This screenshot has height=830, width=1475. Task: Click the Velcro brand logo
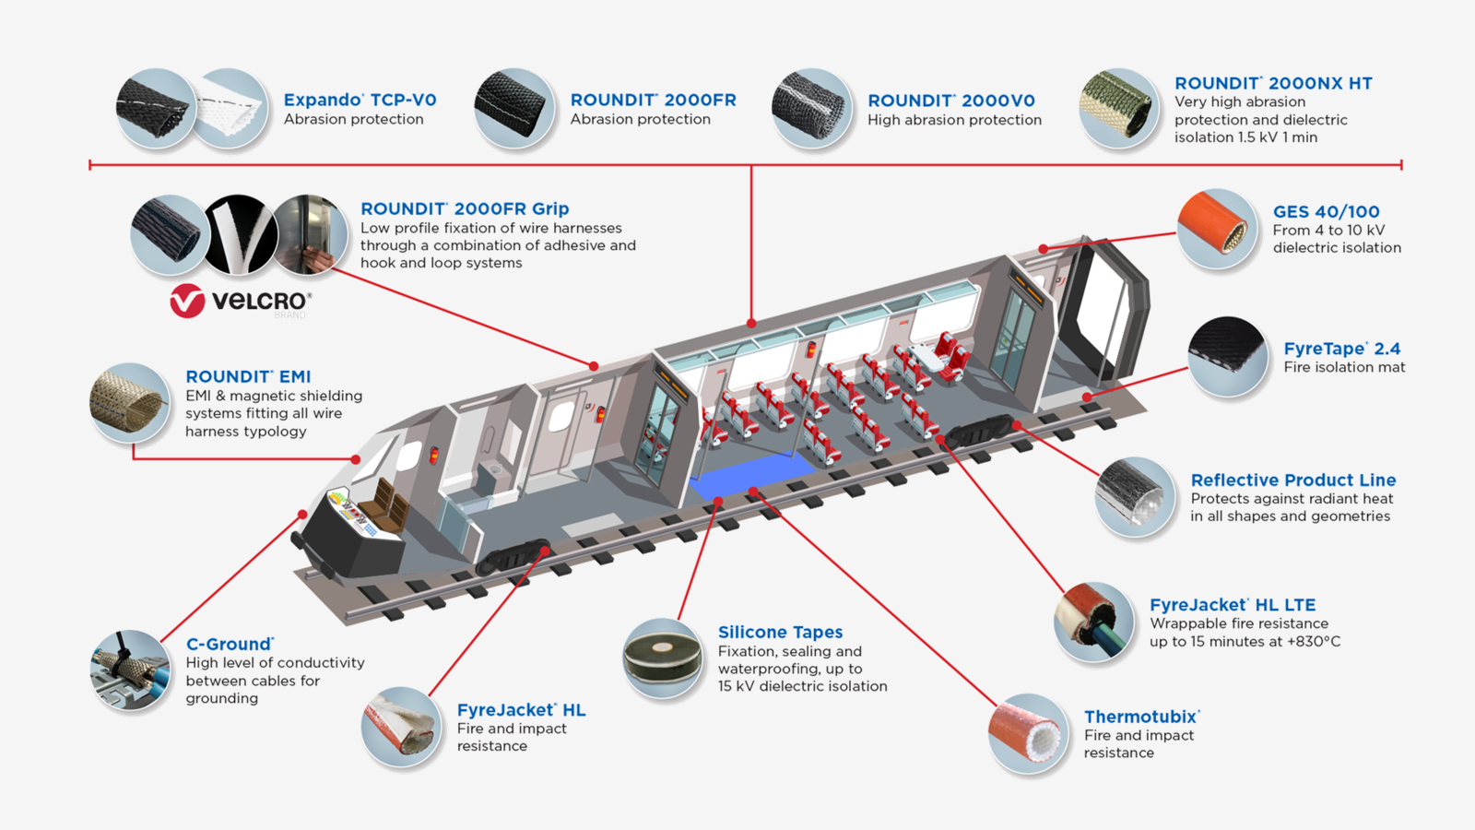241,302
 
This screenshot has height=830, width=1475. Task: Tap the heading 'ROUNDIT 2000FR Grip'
465,209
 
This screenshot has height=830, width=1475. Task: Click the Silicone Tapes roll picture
662,657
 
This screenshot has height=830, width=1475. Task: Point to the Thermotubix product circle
1028,734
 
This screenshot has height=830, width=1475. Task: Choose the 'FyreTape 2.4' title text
1341,349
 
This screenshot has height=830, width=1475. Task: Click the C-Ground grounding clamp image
130,670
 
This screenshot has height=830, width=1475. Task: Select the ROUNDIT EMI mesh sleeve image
129,402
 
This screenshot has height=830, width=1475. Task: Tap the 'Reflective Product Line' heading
1292,480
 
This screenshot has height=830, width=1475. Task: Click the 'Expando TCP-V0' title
360,100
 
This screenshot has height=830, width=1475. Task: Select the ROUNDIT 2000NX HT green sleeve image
1118,108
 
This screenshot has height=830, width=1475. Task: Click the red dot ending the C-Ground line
302,515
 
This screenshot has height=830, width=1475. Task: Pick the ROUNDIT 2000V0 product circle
811,108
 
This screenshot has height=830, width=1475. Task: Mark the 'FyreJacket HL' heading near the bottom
521,710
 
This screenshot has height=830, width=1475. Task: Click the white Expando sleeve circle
230,108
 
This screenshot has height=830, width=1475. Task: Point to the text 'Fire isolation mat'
1344,367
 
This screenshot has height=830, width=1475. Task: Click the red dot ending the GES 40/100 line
1043,249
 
